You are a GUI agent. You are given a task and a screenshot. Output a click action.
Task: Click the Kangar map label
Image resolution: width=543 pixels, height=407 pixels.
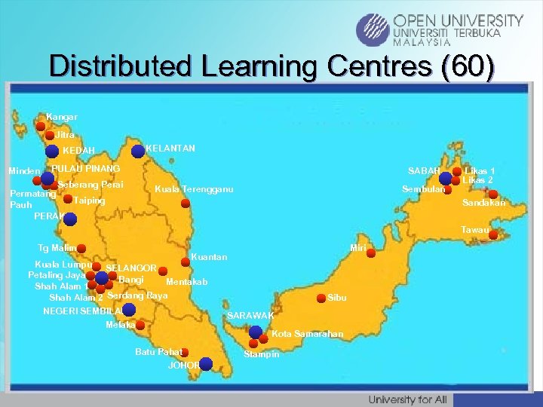point(61,118)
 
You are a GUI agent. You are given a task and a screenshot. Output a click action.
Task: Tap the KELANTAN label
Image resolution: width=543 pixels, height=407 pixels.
point(170,149)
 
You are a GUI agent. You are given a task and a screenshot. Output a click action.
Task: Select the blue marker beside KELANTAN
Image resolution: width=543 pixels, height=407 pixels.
point(138,151)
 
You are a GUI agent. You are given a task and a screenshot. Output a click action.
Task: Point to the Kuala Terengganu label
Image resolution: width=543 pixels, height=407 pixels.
point(193,188)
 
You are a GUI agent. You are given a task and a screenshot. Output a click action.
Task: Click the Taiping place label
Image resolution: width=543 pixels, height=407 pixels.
point(89,201)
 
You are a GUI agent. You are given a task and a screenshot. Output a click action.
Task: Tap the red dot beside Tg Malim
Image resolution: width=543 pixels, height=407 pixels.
point(81,247)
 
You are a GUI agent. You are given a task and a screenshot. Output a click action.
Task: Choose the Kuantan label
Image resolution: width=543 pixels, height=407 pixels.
point(209,257)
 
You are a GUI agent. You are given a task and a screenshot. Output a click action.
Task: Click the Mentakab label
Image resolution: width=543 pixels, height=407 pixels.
point(186,283)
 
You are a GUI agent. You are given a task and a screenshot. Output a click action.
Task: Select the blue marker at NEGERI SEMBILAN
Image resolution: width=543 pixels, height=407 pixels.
point(130,310)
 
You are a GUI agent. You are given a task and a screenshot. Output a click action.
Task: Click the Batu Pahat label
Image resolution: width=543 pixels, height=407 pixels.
point(158,352)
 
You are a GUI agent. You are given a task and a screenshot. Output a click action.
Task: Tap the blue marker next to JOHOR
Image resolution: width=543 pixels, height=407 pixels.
point(206,365)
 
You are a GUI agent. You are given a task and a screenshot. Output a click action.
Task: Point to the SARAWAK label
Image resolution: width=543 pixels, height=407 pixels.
point(250,315)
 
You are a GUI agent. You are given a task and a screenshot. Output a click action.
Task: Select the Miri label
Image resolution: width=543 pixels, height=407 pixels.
point(357,247)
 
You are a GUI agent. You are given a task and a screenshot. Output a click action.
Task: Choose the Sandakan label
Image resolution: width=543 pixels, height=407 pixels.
point(484,203)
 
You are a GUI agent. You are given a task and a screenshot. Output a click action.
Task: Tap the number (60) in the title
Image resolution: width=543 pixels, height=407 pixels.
point(469,66)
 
